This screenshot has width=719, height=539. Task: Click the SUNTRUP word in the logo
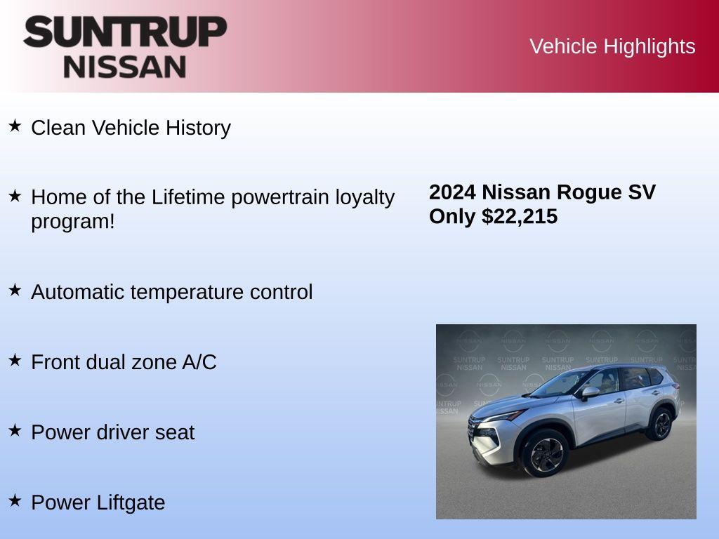125,32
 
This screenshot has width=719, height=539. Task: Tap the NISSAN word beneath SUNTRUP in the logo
125,67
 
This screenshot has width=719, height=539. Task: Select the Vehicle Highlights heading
612,46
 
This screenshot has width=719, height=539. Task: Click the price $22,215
520,216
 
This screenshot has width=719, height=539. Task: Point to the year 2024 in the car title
452,192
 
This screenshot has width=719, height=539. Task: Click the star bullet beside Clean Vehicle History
15,126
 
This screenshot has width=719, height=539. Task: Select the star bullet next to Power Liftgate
15,501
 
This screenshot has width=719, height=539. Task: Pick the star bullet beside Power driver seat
15,431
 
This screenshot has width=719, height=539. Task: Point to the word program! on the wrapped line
72,221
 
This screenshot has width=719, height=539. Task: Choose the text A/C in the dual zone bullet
199,362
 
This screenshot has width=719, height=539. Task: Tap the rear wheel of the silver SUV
660,424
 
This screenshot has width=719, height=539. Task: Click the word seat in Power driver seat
176,432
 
